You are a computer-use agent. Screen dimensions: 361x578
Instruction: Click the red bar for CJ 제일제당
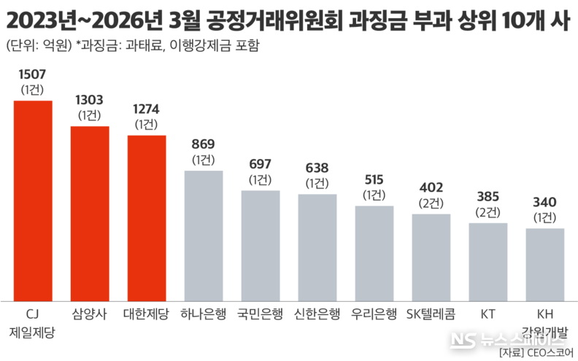pyautogui.click(x=33, y=201)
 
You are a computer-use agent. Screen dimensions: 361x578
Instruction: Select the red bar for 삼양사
pyautogui.click(x=90, y=213)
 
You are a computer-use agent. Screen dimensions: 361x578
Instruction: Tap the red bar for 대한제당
pyautogui.click(x=147, y=217)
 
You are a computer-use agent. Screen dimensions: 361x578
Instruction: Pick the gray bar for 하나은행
pyautogui.click(x=204, y=236)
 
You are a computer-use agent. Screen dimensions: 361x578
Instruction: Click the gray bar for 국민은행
pyautogui.click(x=261, y=245)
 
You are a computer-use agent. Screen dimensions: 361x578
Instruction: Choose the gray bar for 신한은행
pyautogui.click(x=317, y=247)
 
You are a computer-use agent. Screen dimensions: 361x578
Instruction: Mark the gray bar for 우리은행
pyautogui.click(x=374, y=253)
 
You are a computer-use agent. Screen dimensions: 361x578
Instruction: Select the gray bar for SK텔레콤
pyautogui.click(x=431, y=257)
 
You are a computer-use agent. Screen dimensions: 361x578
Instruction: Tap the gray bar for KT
pyautogui.click(x=488, y=262)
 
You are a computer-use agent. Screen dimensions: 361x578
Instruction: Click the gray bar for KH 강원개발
pyautogui.click(x=545, y=264)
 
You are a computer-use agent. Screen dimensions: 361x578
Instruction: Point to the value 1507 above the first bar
pyautogui.click(x=33, y=75)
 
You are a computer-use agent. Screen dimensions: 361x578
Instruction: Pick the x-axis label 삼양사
pyautogui.click(x=90, y=314)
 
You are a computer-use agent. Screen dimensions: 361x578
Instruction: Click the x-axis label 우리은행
pyautogui.click(x=374, y=314)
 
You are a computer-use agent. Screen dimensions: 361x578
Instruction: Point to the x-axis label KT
pyautogui.click(x=488, y=314)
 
